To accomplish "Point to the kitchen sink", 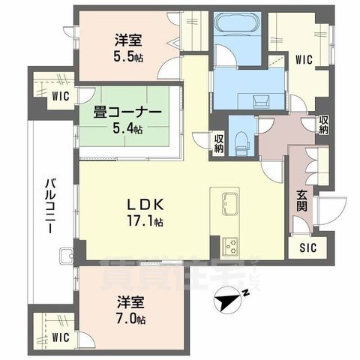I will pyautogui.click(x=229, y=202).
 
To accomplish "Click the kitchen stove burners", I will pyautogui.click(x=229, y=245).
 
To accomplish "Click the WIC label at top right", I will pyautogui.click(x=304, y=57).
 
